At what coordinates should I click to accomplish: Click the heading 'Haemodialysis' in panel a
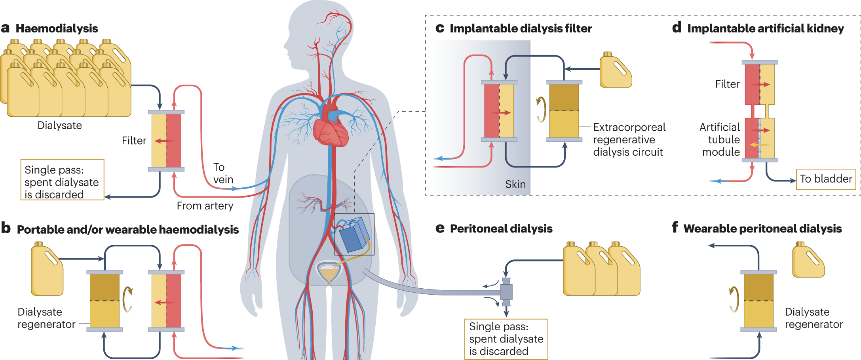[57, 29]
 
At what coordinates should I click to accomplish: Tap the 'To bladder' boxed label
[826, 179]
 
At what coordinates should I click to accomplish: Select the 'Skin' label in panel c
[515, 184]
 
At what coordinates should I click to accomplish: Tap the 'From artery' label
[205, 206]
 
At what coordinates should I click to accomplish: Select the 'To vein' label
[223, 173]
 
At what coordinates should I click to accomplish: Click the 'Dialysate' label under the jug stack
[59, 126]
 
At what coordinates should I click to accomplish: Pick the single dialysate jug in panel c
[616, 70]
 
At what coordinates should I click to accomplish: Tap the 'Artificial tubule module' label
[720, 139]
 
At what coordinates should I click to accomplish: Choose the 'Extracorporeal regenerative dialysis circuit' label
[629, 139]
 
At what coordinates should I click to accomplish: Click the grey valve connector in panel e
[506, 292]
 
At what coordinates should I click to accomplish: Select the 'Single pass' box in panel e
[506, 339]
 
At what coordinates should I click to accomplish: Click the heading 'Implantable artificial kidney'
[765, 29]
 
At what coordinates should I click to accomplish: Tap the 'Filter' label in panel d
[727, 84]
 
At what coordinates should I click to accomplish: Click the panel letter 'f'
[675, 227]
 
